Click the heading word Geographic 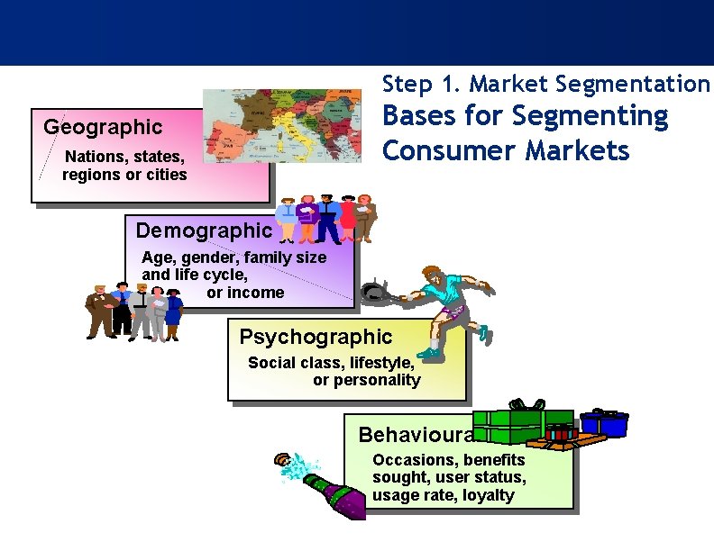click(103, 127)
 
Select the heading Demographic click(203, 230)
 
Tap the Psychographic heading click(316, 338)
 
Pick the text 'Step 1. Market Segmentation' click(546, 85)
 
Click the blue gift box click(603, 422)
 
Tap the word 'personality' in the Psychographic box click(366, 380)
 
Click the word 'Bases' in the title click(418, 116)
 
